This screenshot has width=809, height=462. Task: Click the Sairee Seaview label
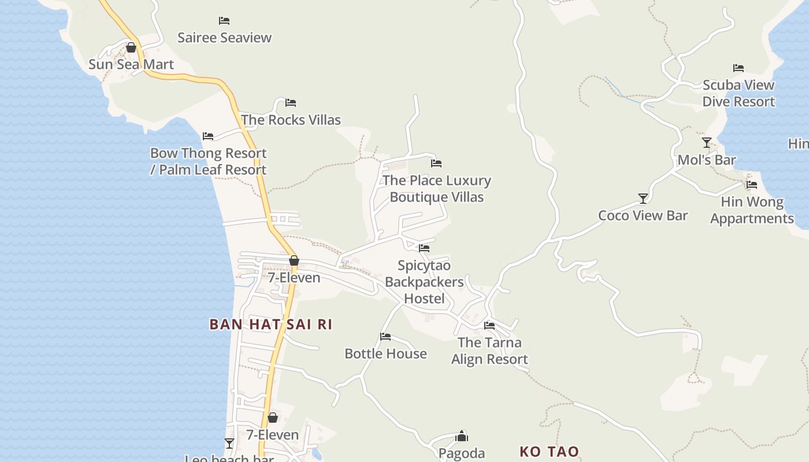[x=224, y=38]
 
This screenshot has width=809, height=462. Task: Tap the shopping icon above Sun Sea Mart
[x=131, y=47]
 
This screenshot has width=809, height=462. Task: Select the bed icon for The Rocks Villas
[x=291, y=103]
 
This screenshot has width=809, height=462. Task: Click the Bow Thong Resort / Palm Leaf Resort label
[x=208, y=162]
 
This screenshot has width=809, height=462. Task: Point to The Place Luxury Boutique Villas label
[x=437, y=189]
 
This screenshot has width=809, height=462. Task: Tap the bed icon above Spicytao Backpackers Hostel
[x=424, y=248]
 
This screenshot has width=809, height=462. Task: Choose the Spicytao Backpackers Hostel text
[x=425, y=282]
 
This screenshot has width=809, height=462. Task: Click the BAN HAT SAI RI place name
[x=270, y=325]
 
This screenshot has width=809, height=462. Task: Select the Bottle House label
[x=385, y=353]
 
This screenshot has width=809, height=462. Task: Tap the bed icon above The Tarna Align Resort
[x=489, y=326]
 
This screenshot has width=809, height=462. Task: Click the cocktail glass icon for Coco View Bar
[x=643, y=199]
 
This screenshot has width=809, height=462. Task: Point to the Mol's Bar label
[x=706, y=160]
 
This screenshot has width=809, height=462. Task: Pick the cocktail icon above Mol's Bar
[x=706, y=142]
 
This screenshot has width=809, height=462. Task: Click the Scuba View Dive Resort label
[x=738, y=93]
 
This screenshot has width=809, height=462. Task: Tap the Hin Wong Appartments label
[x=752, y=210]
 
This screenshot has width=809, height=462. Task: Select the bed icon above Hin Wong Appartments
[x=752, y=185]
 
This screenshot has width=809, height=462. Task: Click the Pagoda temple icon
[x=462, y=436]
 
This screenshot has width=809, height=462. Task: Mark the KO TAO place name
[x=549, y=452]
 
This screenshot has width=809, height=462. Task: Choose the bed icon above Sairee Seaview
[x=224, y=21]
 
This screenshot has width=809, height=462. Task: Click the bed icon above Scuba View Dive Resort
[x=738, y=68]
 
